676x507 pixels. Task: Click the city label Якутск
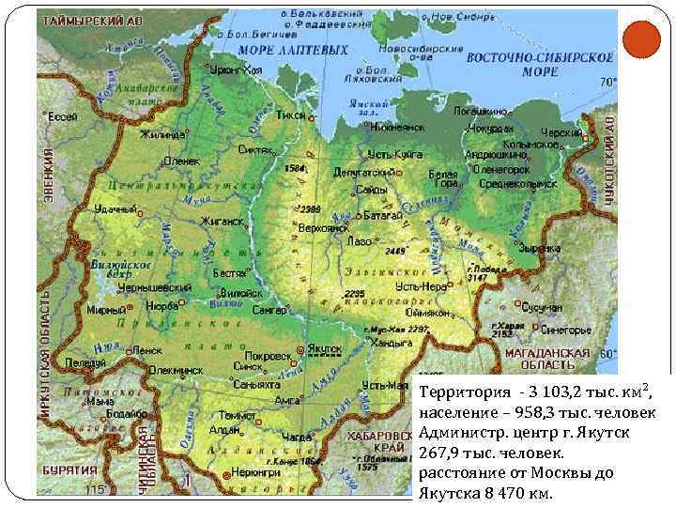coord(325,347)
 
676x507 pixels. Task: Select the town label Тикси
coord(291,115)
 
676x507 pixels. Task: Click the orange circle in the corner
coord(642,39)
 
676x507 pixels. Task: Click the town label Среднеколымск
coord(512,185)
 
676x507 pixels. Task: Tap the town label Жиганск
coord(221,222)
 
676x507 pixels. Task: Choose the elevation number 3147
coord(477,278)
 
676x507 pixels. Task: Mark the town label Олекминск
coord(178,370)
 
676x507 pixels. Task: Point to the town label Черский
coord(562,133)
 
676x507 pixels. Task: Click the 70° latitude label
coord(607,83)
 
